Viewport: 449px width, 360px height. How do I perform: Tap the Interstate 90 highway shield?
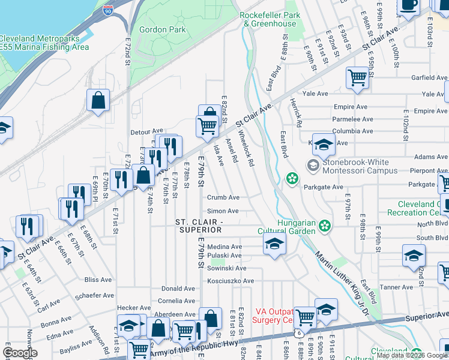click(x=107, y=11)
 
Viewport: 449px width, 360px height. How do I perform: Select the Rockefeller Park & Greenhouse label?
click(x=270, y=19)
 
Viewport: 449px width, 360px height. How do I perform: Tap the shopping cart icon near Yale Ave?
click(x=357, y=77)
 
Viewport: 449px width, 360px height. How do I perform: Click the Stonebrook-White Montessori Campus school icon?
click(x=313, y=165)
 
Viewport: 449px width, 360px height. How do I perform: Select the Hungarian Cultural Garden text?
click(x=295, y=226)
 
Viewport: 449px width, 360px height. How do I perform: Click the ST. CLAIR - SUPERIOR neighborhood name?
click(x=199, y=227)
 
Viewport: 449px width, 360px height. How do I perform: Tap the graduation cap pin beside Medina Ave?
click(x=274, y=244)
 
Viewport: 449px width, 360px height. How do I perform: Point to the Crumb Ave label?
click(x=223, y=197)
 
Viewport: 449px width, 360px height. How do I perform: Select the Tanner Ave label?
click(x=396, y=288)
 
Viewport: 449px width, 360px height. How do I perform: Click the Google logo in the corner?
click(x=20, y=353)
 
